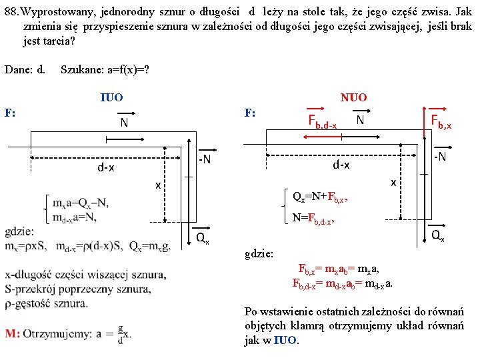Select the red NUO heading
[x=353, y=98]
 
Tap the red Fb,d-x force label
[x=322, y=121]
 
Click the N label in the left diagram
[x=124, y=123]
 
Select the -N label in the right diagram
[x=439, y=156]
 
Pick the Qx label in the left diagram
[x=202, y=237]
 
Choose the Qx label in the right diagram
[x=438, y=235]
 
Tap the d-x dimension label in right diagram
[x=342, y=164]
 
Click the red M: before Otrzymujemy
[x=12, y=334]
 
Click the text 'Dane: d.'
[x=25, y=69]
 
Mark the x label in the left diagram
[x=158, y=185]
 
